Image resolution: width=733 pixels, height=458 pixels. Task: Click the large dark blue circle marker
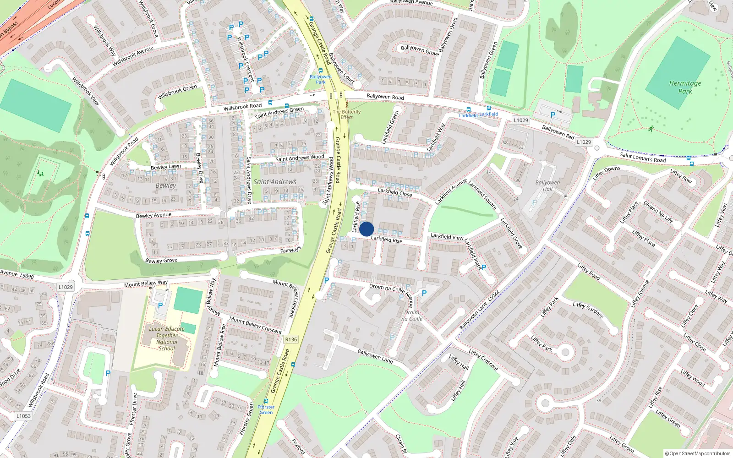click(366, 229)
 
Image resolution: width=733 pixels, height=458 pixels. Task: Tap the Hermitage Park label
click(685, 87)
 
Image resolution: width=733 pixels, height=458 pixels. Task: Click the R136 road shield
click(291, 339)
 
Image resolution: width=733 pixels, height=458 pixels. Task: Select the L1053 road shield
click(23, 416)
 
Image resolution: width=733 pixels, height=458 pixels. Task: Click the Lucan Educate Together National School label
click(167, 338)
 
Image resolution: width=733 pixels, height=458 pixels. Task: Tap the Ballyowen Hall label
click(547, 185)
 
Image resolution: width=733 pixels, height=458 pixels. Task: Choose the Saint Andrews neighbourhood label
click(275, 182)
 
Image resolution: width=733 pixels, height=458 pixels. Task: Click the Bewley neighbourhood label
click(165, 185)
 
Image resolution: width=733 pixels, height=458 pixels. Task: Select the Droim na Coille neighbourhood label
click(411, 316)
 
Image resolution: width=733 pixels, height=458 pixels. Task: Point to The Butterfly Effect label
click(347, 114)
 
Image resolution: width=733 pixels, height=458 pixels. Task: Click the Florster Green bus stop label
click(266, 409)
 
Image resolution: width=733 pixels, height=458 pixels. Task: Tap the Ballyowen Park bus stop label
click(320, 79)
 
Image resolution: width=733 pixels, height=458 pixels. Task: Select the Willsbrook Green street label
click(177, 92)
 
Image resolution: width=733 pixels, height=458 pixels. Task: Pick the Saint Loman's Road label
click(643, 158)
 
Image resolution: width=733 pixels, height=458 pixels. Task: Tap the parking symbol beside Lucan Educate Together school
click(160, 305)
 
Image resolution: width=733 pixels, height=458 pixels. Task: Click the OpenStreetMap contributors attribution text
click(698, 454)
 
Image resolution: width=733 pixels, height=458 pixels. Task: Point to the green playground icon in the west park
click(41, 174)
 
